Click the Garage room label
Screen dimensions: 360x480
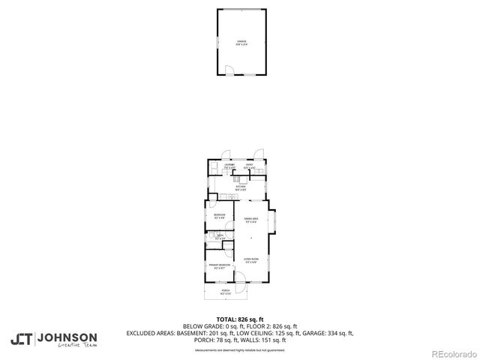click(x=242, y=42)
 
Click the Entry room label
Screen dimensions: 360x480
click(x=250, y=166)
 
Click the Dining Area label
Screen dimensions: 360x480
click(x=250, y=220)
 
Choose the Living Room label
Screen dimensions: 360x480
click(x=250, y=260)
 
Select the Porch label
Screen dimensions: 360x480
click(x=225, y=291)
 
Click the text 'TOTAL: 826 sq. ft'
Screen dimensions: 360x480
click(x=240, y=319)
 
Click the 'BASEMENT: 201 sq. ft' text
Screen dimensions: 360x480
click(x=205, y=333)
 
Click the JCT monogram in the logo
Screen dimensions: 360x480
click(x=22, y=339)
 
